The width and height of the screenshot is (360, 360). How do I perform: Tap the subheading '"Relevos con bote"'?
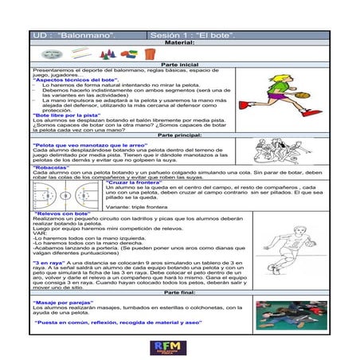coord(64,214)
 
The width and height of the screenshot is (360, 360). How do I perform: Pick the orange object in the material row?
coord(130,53)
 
